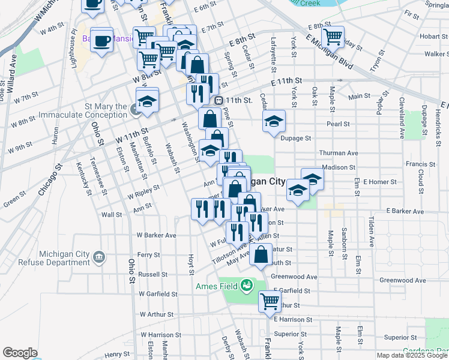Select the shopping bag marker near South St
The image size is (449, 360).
[262, 254]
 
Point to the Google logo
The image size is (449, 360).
[20, 353]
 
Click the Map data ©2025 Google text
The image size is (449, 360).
[412, 355]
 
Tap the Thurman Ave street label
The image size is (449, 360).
[338, 153]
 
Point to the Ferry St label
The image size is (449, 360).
[148, 254]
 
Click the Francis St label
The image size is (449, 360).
[420, 164]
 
